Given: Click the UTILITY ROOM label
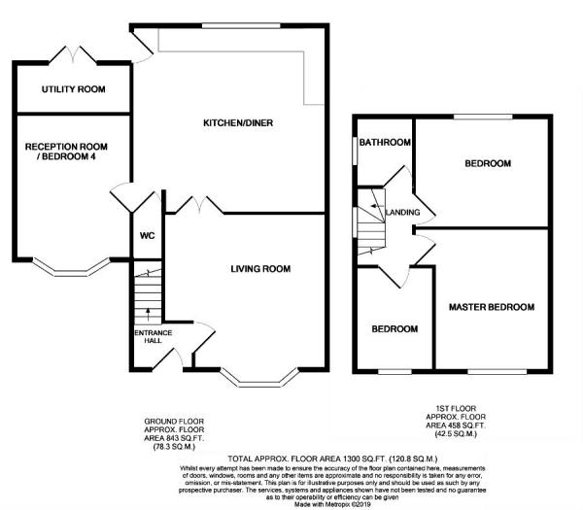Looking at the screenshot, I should tap(73, 90).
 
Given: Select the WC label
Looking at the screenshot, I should tap(148, 236).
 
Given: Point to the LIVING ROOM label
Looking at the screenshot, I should tap(260, 269).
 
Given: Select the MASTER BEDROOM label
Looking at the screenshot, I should tap(491, 307).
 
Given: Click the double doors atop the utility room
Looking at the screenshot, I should tap(73, 51).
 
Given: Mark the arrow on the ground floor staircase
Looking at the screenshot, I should tap(147, 313).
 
